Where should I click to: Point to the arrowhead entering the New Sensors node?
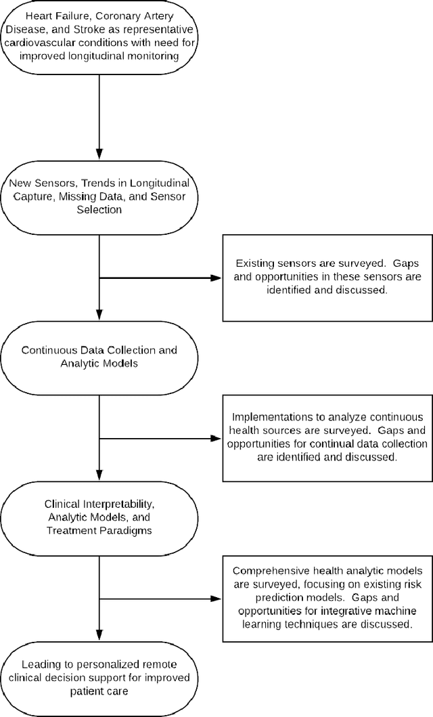(x=99, y=155)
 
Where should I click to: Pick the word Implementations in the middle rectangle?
(x=269, y=418)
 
